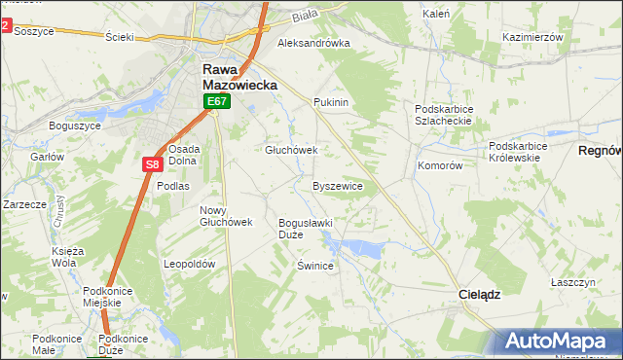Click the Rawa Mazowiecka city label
click(239, 77)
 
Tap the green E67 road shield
click(216, 101)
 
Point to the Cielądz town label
click(479, 293)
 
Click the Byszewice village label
click(338, 185)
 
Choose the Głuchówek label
click(292, 150)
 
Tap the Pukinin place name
click(331, 101)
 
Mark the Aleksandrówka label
click(313, 43)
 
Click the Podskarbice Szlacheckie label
click(443, 115)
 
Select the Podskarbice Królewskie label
click(519, 152)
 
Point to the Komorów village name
click(439, 165)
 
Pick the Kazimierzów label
click(533, 36)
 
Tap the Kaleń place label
click(435, 15)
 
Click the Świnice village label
click(315, 265)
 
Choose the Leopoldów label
click(189, 264)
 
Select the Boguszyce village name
click(75, 126)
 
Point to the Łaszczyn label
click(572, 281)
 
